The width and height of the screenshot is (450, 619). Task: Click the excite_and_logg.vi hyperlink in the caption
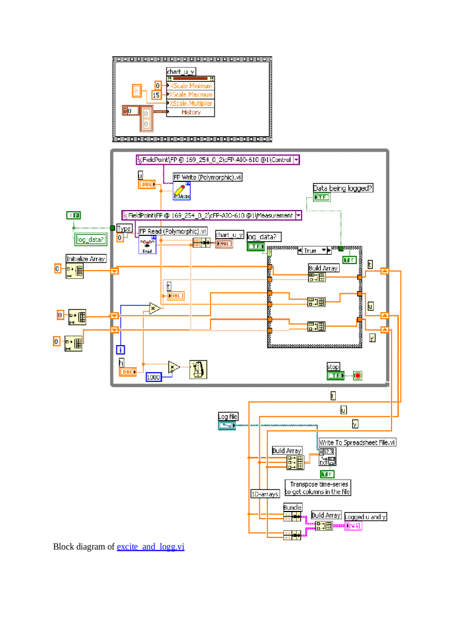tap(150, 547)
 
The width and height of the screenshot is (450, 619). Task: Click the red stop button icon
tap(357, 376)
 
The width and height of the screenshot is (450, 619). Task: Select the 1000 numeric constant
tap(154, 378)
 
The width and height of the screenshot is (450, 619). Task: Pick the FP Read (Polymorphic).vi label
tap(173, 231)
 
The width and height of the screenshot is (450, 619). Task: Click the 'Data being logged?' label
tap(343, 188)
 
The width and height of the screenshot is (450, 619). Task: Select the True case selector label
tap(310, 250)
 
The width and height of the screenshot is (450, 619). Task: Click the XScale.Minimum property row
tap(190, 86)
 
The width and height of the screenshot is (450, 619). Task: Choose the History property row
tap(190, 112)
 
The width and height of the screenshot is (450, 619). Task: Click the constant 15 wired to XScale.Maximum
tap(157, 95)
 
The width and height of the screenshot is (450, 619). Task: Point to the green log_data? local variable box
tap(90, 239)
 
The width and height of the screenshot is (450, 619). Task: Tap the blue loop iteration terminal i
tap(120, 349)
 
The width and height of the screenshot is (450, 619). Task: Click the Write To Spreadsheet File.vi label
tap(357, 442)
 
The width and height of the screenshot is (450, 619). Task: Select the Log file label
tap(228, 417)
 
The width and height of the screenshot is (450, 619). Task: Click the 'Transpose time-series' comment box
tap(318, 487)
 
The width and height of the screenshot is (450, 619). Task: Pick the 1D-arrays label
tap(265, 494)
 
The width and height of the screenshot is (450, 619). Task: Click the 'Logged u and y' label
tap(366, 516)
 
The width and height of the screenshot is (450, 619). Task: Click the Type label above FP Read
tap(124, 228)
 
